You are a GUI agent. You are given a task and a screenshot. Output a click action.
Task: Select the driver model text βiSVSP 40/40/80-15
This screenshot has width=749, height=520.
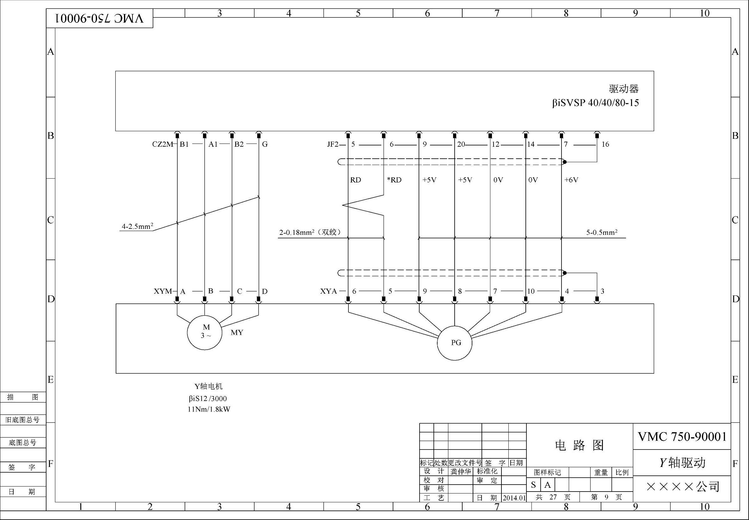pyautogui.click(x=595, y=103)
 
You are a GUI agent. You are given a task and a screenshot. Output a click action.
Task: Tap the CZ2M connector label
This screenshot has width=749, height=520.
pyautogui.click(x=163, y=144)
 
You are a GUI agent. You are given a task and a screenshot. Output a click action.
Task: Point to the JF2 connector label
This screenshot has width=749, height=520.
pyautogui.click(x=333, y=144)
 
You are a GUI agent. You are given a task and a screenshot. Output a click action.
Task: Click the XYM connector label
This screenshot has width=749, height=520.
pyautogui.click(x=163, y=291)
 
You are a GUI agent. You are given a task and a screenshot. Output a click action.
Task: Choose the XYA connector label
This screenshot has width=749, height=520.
pyautogui.click(x=328, y=291)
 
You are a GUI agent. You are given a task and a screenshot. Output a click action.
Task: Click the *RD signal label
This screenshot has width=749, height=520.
pyautogui.click(x=394, y=180)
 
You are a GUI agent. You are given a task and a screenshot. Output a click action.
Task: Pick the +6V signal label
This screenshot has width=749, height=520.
pyautogui.click(x=571, y=180)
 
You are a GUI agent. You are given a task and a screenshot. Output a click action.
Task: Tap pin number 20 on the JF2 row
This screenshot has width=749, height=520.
pyautogui.click(x=461, y=144)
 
